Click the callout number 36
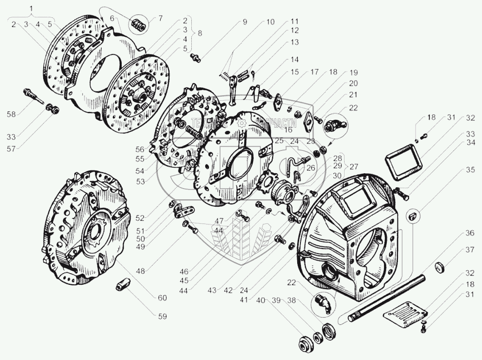tap(469, 234)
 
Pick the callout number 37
tap(469, 250)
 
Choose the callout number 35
tap(469, 170)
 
